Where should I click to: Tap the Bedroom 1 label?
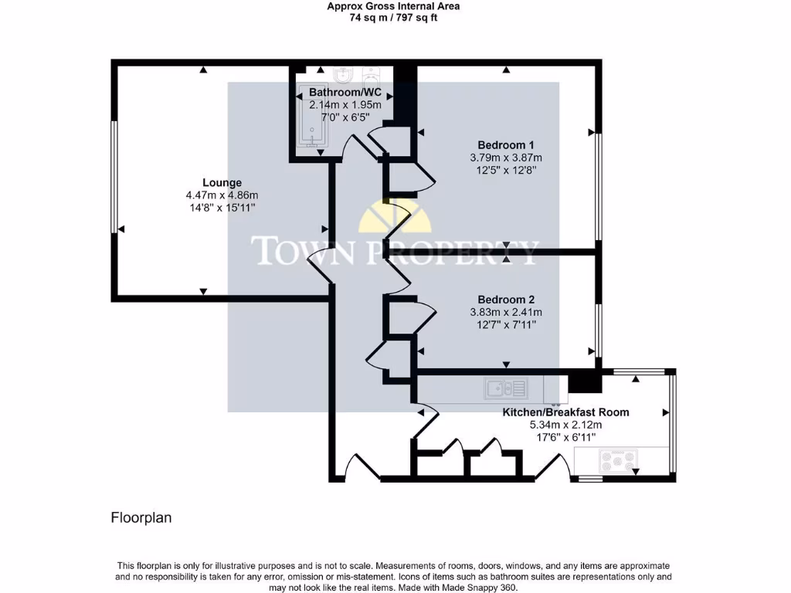[506, 145]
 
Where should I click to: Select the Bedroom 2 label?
[506, 300]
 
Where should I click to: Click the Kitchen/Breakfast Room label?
[565, 412]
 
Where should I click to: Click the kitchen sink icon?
[506, 388]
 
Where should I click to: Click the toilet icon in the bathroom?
[372, 76]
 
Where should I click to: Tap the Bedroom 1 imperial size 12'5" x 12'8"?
[506, 170]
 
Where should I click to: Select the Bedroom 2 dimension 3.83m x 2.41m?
[506, 312]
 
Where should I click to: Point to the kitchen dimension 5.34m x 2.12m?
[565, 425]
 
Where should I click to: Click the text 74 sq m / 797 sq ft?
[393, 18]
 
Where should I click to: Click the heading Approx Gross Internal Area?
[393, 6]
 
